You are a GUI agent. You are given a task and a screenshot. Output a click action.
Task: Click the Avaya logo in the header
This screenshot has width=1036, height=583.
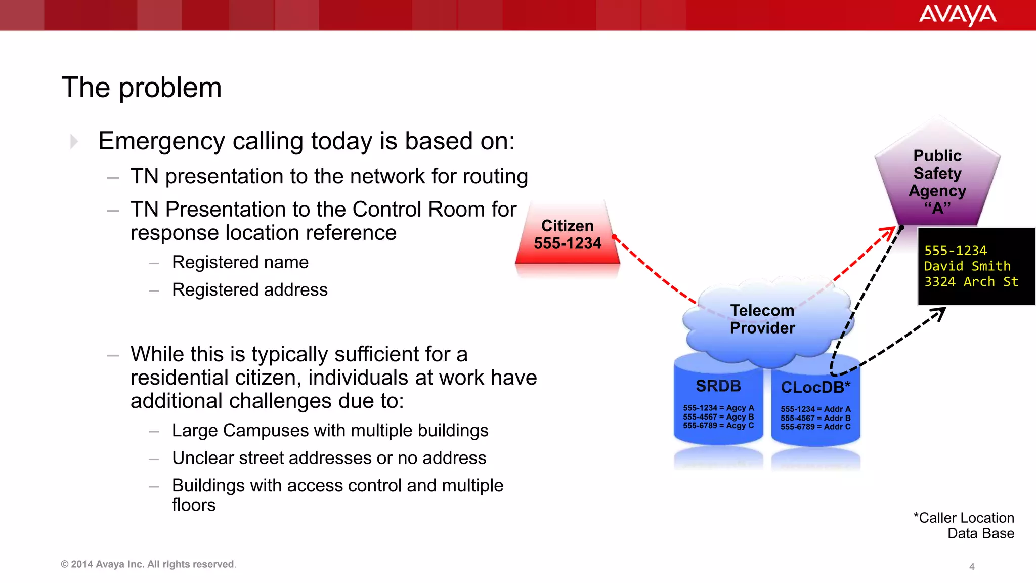point(957,15)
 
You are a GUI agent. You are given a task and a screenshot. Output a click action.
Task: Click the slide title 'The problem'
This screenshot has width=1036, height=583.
point(142,88)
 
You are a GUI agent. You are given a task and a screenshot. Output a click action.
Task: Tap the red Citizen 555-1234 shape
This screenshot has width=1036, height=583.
point(568,235)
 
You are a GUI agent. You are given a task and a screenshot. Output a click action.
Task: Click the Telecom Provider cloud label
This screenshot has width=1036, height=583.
point(762,319)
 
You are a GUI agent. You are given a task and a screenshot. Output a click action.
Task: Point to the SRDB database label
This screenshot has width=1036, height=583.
point(718,386)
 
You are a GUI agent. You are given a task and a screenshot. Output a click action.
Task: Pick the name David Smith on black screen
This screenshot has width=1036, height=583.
point(967,266)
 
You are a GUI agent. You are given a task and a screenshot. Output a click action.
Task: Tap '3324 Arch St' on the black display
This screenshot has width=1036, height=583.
point(971,282)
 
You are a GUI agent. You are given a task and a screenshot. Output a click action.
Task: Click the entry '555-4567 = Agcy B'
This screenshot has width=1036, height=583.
point(718,417)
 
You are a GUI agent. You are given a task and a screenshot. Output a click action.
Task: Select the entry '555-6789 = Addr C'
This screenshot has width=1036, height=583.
point(815,427)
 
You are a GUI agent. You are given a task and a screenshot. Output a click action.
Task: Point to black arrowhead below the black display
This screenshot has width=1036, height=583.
point(940,313)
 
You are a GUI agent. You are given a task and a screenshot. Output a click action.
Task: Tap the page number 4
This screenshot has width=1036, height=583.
point(972,567)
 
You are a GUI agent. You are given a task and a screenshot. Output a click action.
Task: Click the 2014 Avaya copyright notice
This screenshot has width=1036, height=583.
point(148,564)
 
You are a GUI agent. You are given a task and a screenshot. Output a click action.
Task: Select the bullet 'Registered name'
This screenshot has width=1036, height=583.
point(240,262)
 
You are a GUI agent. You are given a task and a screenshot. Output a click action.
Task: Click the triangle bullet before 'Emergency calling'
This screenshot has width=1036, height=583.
point(74,141)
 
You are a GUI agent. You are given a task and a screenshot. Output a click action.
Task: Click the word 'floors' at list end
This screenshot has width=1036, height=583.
point(194,505)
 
